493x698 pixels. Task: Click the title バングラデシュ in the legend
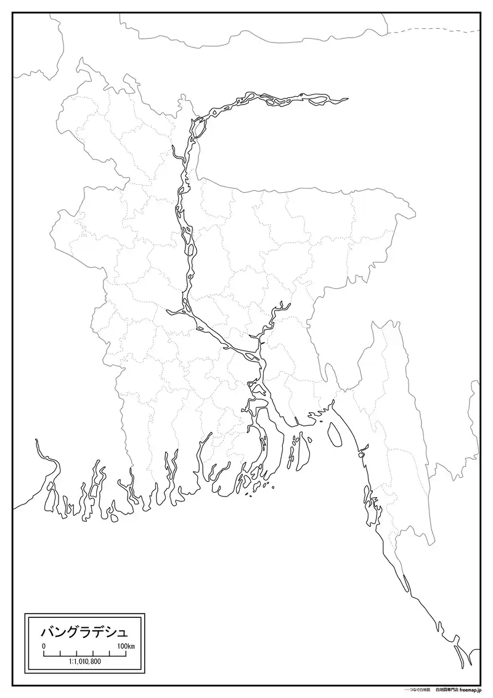coord(84,632)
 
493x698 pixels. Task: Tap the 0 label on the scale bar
coord(44,646)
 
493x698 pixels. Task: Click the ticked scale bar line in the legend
coord(85,653)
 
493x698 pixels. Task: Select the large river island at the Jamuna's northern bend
coord(198,128)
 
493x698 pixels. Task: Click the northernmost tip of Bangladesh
coord(80,60)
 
